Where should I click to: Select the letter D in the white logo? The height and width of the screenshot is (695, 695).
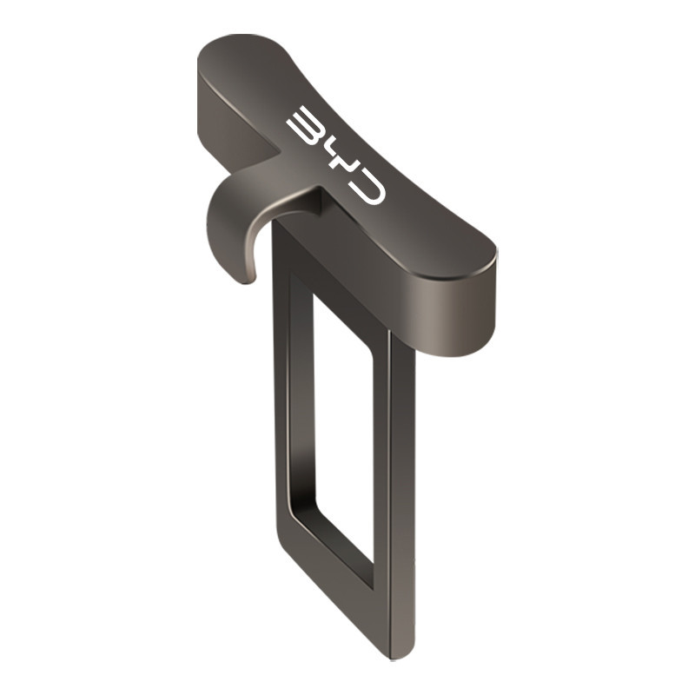[x=367, y=188]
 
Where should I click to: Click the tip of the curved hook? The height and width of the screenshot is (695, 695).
[x=248, y=279]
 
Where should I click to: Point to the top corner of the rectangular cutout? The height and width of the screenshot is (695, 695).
[x=314, y=294]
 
